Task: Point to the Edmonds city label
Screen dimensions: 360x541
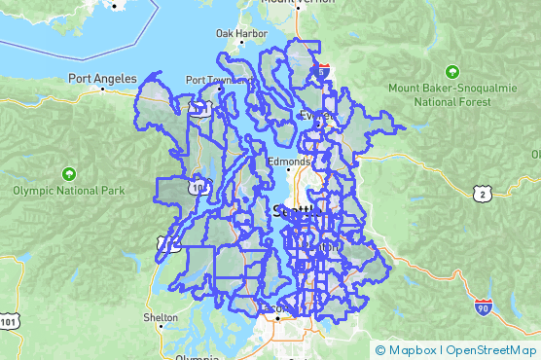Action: (289, 162)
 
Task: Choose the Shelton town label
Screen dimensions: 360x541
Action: (160, 317)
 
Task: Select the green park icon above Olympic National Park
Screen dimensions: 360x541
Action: (67, 173)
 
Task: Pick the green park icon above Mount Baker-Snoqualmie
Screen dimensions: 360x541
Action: (451, 72)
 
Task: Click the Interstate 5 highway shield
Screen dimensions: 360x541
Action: (323, 71)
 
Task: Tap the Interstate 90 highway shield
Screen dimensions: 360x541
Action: (484, 307)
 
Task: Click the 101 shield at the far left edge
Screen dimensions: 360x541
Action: (8, 320)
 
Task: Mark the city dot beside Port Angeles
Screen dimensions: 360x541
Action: (103, 89)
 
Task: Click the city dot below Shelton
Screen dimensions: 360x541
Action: (160, 328)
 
